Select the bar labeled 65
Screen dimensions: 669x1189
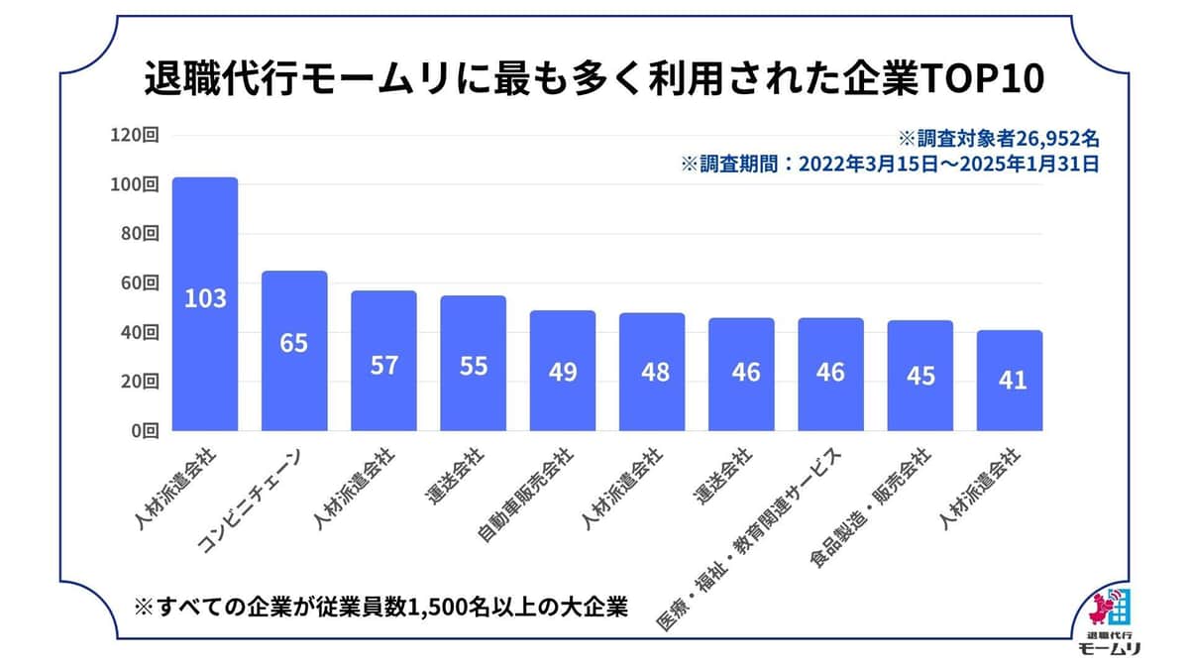coord(294,351)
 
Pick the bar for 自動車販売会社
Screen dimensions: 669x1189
coord(562,371)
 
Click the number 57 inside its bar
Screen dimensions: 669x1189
coord(383,365)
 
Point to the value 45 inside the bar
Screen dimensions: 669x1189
coord(920,376)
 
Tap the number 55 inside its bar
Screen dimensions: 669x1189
coord(473,366)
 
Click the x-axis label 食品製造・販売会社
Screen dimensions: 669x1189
coord(873,505)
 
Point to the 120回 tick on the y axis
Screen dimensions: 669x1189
coord(136,136)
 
